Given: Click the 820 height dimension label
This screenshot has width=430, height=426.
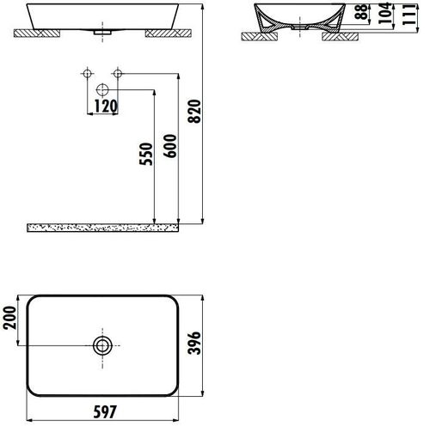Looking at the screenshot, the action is coord(194,112).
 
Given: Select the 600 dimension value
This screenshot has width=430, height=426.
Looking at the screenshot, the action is coord(170,146).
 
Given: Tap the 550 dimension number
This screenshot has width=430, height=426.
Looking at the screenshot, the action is coord(146,154).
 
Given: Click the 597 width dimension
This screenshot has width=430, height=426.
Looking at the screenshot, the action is coord(105,411).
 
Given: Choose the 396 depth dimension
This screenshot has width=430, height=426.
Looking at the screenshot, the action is coord(194,343).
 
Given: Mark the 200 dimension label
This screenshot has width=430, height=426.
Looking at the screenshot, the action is coord(9,318).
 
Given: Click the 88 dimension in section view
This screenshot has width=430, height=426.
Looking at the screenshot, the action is coord(362,11).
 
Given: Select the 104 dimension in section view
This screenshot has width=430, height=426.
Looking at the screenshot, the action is coord(385,13).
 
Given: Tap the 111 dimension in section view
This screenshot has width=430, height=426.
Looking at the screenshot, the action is coord(408,15).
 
